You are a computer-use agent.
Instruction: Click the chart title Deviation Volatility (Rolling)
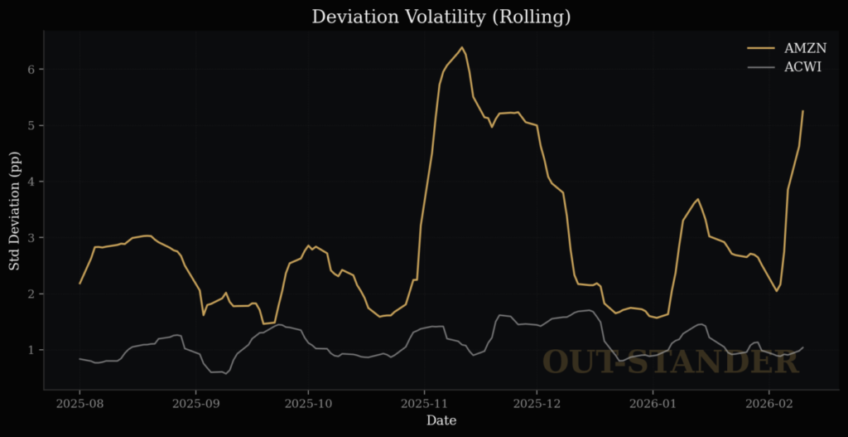click(x=441, y=17)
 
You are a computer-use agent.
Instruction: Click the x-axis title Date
click(x=441, y=421)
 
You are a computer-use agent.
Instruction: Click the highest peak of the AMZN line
click(x=461, y=47)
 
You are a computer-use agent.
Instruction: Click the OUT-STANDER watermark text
click(x=671, y=362)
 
